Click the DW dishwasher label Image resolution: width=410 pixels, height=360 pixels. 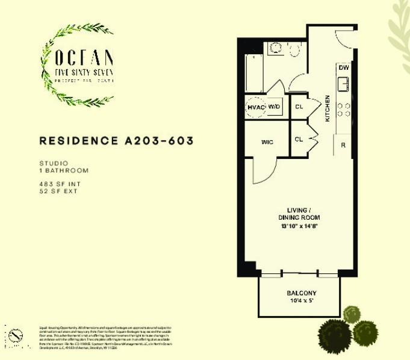343,67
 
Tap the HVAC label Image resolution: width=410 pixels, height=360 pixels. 256,107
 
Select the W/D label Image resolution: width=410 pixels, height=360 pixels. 274,107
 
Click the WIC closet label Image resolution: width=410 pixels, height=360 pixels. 267,142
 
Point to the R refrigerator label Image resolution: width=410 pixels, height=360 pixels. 343,146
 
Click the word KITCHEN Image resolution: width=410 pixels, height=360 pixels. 328,108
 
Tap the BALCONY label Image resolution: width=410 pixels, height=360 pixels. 302,293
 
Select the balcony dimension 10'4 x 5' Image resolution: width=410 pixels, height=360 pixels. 302,301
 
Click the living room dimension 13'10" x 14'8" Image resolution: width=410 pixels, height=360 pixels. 299,226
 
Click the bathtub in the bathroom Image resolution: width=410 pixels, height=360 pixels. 254,72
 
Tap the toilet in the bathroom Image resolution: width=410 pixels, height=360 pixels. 294,50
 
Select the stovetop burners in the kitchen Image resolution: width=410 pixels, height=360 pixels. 343,108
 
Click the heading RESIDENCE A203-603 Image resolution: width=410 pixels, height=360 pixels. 116,141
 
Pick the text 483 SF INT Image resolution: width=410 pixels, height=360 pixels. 56,184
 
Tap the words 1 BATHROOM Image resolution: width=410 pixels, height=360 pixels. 63,170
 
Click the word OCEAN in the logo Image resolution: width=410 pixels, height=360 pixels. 84,58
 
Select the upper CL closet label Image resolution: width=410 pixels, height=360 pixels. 299,107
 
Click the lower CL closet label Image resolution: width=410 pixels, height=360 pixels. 299,140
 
